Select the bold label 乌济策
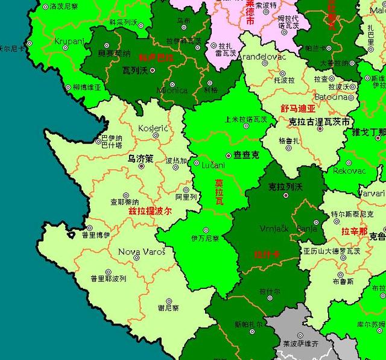click(x=140, y=159)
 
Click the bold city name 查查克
click(x=246, y=156)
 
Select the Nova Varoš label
click(x=141, y=251)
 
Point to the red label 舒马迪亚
click(x=298, y=109)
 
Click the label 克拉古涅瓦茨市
click(x=319, y=122)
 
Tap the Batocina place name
click(x=330, y=96)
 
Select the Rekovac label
click(x=349, y=171)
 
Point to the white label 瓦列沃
click(x=134, y=70)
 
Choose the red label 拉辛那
click(x=353, y=231)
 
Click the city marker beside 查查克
click(x=229, y=155)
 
